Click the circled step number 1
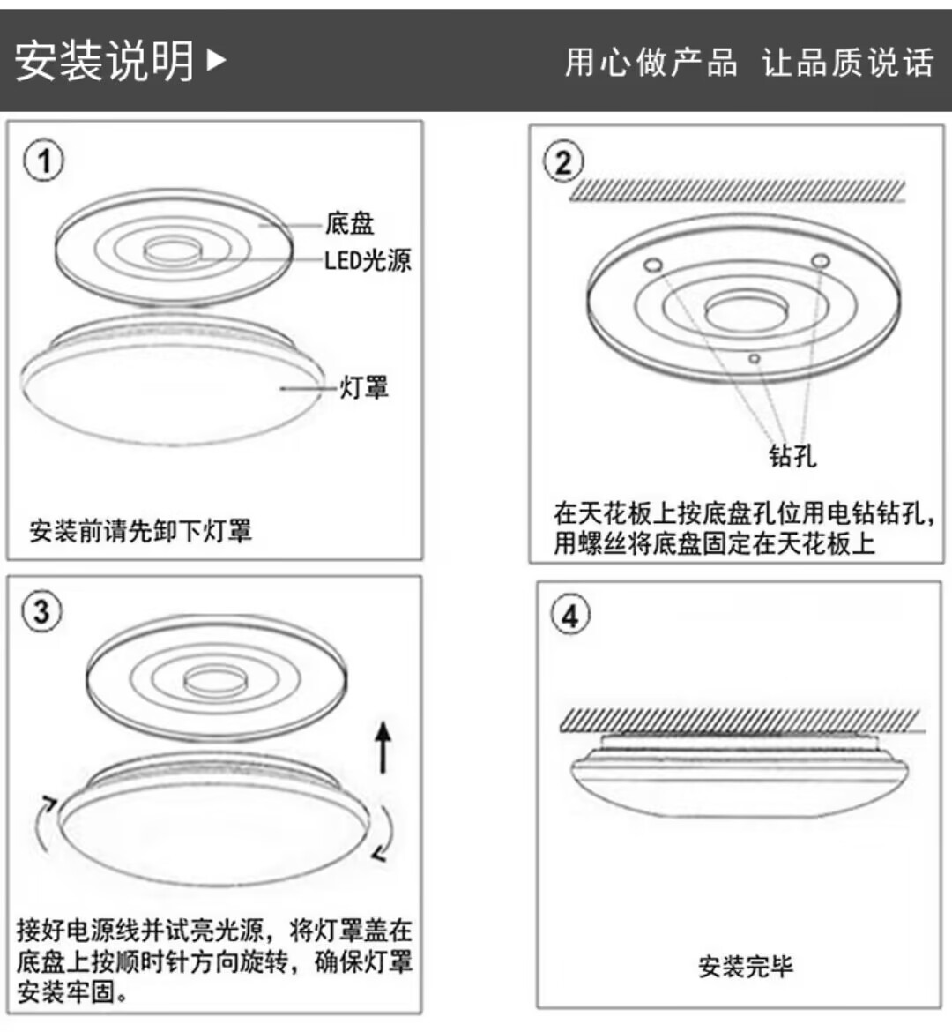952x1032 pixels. click(x=43, y=161)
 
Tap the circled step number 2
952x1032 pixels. click(x=564, y=163)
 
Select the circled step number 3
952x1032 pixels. click(x=41, y=611)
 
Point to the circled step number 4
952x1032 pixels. click(x=569, y=615)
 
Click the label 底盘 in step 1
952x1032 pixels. click(x=349, y=224)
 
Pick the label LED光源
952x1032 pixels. click(x=367, y=260)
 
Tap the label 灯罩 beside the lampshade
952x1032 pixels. click(x=364, y=387)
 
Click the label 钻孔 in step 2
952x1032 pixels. click(x=792, y=455)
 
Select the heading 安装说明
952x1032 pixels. click(x=104, y=61)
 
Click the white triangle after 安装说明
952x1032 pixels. click(x=216, y=60)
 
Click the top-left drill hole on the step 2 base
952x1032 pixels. click(x=653, y=264)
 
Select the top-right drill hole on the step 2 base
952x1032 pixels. click(x=820, y=261)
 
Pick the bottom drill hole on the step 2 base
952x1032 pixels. click(x=754, y=358)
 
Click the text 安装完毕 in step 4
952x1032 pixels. click(x=745, y=967)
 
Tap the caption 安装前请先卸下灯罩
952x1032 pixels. click(x=140, y=531)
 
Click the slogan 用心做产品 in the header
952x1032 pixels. click(x=651, y=63)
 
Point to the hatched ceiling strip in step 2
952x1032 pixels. click(x=736, y=191)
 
